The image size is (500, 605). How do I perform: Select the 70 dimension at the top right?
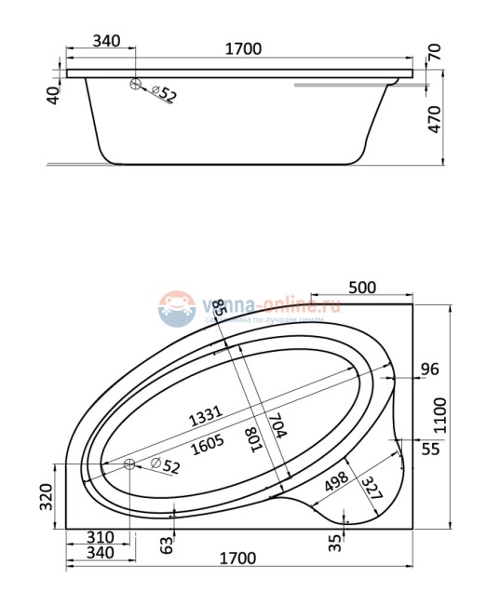point(435,51)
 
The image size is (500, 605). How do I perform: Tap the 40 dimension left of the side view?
point(53,94)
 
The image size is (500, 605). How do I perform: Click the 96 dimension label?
point(429,370)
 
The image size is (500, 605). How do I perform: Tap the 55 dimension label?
point(430,449)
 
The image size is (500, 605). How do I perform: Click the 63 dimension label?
point(167,544)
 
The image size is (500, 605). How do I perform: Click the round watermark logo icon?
point(174,308)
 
